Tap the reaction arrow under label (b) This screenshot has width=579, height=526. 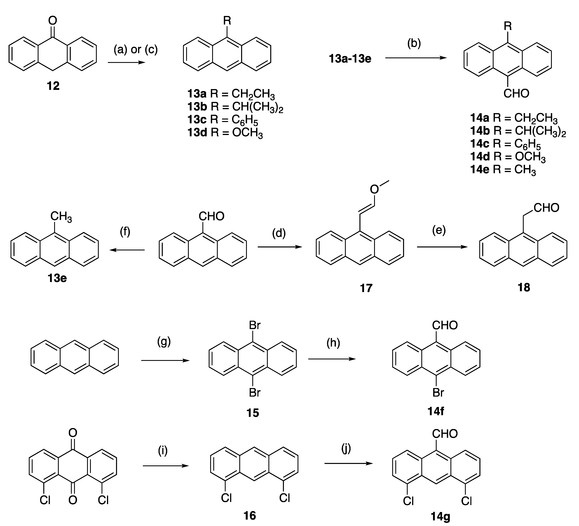(416, 58)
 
